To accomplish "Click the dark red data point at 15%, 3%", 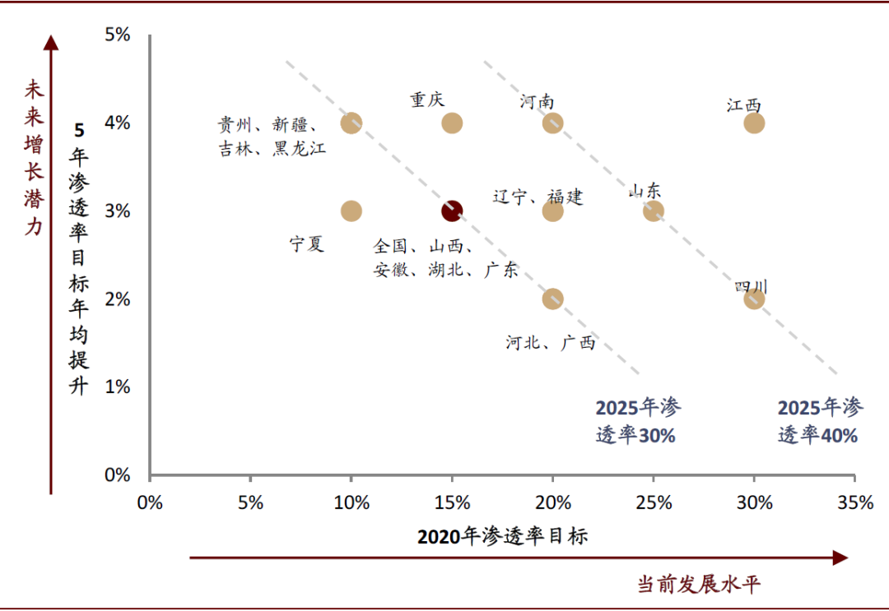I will click(451, 211).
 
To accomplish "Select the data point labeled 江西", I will click(754, 123).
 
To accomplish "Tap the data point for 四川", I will click(754, 299).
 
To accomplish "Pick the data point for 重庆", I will click(452, 123).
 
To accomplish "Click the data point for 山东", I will click(653, 211).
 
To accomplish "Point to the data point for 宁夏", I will click(351, 211).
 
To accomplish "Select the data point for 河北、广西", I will click(552, 299).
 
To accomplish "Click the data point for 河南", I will click(552, 123).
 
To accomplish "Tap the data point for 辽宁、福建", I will click(552, 211).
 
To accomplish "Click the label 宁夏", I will click(307, 244).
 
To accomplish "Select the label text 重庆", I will click(427, 100).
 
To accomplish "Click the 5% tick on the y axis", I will click(118, 35).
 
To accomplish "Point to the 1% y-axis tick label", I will click(118, 387).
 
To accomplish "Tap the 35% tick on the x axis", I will click(854, 502).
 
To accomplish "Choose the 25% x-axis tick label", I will click(653, 502).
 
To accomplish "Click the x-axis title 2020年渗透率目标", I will click(502, 537).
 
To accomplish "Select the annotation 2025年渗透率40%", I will click(820, 421).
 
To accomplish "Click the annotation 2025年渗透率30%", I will click(638, 421).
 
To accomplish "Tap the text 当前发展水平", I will click(699, 585).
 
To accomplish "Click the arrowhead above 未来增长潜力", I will click(51, 41).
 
